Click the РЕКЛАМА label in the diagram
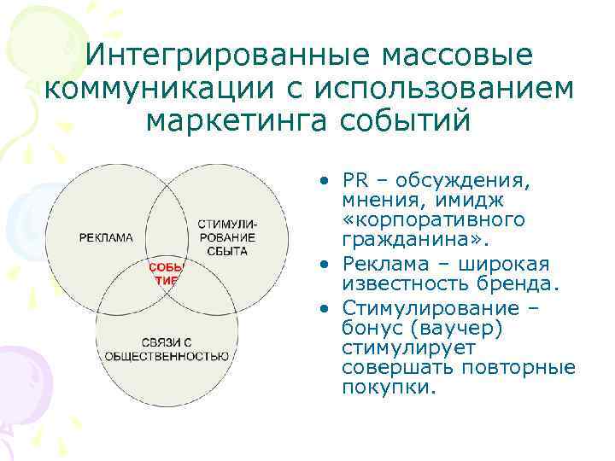click(x=106, y=237)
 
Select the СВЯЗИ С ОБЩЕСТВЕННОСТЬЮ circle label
click(x=166, y=349)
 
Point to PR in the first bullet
click(x=354, y=182)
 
